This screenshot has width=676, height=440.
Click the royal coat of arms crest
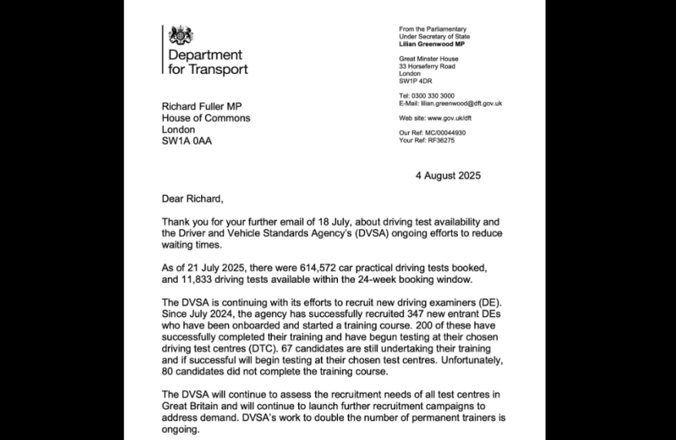point(180,37)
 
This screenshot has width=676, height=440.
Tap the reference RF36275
point(441,140)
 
